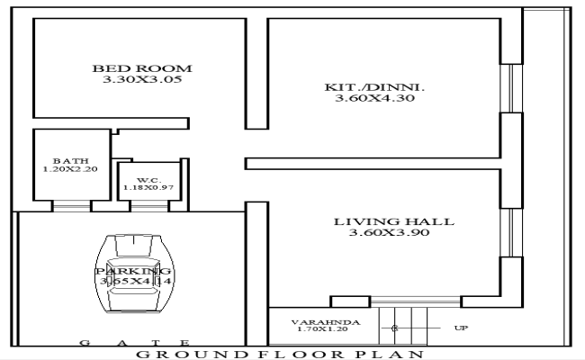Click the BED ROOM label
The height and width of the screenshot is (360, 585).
[x=143, y=68]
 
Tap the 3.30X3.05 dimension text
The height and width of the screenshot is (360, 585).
[x=143, y=80]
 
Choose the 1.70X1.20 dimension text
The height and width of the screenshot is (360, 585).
[x=322, y=330]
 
